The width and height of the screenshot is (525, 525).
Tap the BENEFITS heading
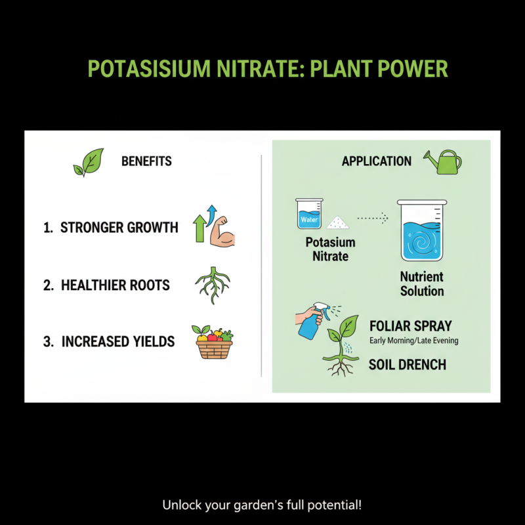pos(146,161)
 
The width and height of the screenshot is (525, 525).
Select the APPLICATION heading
pos(377,161)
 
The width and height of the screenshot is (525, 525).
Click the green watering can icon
pos(442,161)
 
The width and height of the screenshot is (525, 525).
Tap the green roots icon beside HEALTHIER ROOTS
pos(213,285)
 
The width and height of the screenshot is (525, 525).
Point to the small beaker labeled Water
pos(308,215)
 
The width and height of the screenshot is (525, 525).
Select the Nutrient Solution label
pos(422,284)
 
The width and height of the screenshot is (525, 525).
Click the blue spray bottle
pos(311,322)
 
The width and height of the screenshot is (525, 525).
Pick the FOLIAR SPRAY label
pos(410,327)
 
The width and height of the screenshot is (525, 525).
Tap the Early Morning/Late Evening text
pos(413,341)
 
